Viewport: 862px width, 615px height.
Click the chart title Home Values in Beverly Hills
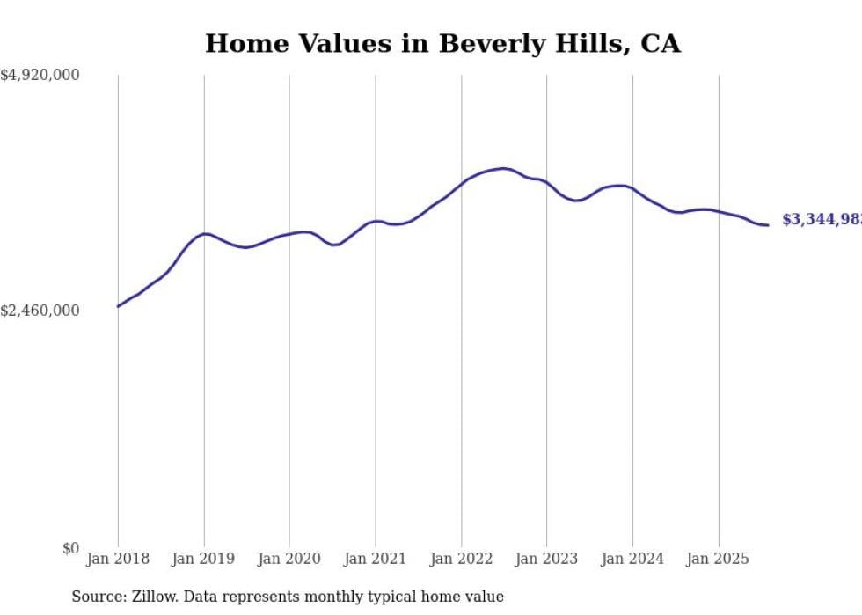click(442, 43)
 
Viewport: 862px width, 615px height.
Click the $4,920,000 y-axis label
click(40, 76)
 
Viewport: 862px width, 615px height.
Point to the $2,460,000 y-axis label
click(40, 311)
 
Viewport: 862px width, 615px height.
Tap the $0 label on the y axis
click(70, 548)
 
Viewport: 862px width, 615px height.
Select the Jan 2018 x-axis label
click(118, 559)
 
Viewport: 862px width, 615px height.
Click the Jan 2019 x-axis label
click(204, 559)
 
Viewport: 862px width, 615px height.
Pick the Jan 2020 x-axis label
click(289, 559)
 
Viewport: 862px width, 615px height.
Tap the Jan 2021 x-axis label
click(376, 559)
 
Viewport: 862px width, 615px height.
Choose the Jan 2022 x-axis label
click(461, 559)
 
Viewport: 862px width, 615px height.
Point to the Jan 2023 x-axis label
click(547, 559)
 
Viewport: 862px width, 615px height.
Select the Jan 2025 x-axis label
click(719, 559)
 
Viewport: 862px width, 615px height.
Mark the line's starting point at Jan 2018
click(118, 306)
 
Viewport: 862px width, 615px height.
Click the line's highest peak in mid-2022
click(503, 168)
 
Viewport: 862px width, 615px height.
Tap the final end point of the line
click(768, 225)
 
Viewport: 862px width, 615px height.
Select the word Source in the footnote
click(96, 597)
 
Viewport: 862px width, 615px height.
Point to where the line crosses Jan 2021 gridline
click(376, 222)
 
